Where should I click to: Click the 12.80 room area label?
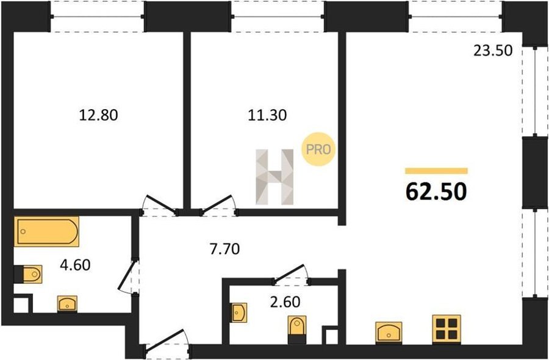coord(98,115)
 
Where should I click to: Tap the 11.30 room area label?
coord(267,115)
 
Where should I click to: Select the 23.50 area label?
coord(493,51)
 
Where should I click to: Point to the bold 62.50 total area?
coord(436,192)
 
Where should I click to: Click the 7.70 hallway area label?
coord(224,249)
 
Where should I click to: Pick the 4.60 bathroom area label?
coord(75,265)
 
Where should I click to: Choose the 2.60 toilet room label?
coord(285,301)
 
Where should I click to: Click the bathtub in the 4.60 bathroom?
coord(46,231)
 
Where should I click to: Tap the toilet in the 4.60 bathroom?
coord(28,274)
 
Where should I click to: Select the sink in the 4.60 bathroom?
coord(67,304)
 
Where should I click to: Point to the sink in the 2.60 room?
coord(239,312)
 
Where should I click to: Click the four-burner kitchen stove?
coord(447,328)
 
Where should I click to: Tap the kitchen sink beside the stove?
coord(389,332)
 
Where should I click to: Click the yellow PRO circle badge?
coord(318,149)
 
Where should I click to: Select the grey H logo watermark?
coord(274,177)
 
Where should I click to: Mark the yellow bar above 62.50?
coord(436,171)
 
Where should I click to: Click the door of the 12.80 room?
coord(160,204)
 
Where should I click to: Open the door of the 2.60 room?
coord(290,273)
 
